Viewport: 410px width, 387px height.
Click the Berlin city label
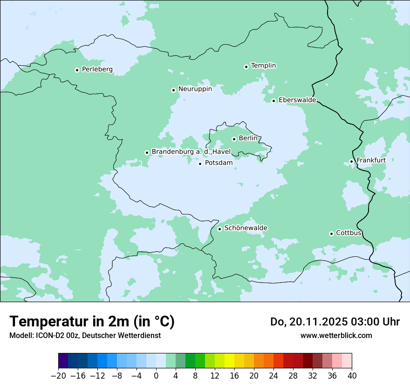click(x=248, y=138)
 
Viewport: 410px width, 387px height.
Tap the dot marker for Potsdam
click(x=200, y=164)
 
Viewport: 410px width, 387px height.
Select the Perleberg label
click(x=97, y=69)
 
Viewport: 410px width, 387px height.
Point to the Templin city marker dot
click(x=246, y=67)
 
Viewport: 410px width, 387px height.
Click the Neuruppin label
click(x=195, y=89)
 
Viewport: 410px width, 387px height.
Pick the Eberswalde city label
click(x=297, y=100)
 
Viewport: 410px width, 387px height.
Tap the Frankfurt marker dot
click(x=351, y=162)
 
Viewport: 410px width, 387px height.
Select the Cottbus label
click(x=348, y=233)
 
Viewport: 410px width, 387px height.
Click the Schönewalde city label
click(x=246, y=228)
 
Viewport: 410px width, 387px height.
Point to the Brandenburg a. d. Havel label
click(x=191, y=152)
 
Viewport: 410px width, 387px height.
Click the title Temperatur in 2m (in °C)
click(x=92, y=321)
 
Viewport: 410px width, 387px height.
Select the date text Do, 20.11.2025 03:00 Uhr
click(x=335, y=322)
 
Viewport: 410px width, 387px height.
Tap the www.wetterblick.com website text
click(x=336, y=335)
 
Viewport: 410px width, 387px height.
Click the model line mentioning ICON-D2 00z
click(x=85, y=335)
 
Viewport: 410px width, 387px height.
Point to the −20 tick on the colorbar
click(x=58, y=376)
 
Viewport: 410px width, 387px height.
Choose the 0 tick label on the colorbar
click(x=156, y=376)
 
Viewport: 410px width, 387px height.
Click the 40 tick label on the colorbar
click(x=352, y=376)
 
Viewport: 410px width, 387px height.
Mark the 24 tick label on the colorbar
click(x=273, y=376)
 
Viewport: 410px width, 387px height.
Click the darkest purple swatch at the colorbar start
click(x=63, y=361)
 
